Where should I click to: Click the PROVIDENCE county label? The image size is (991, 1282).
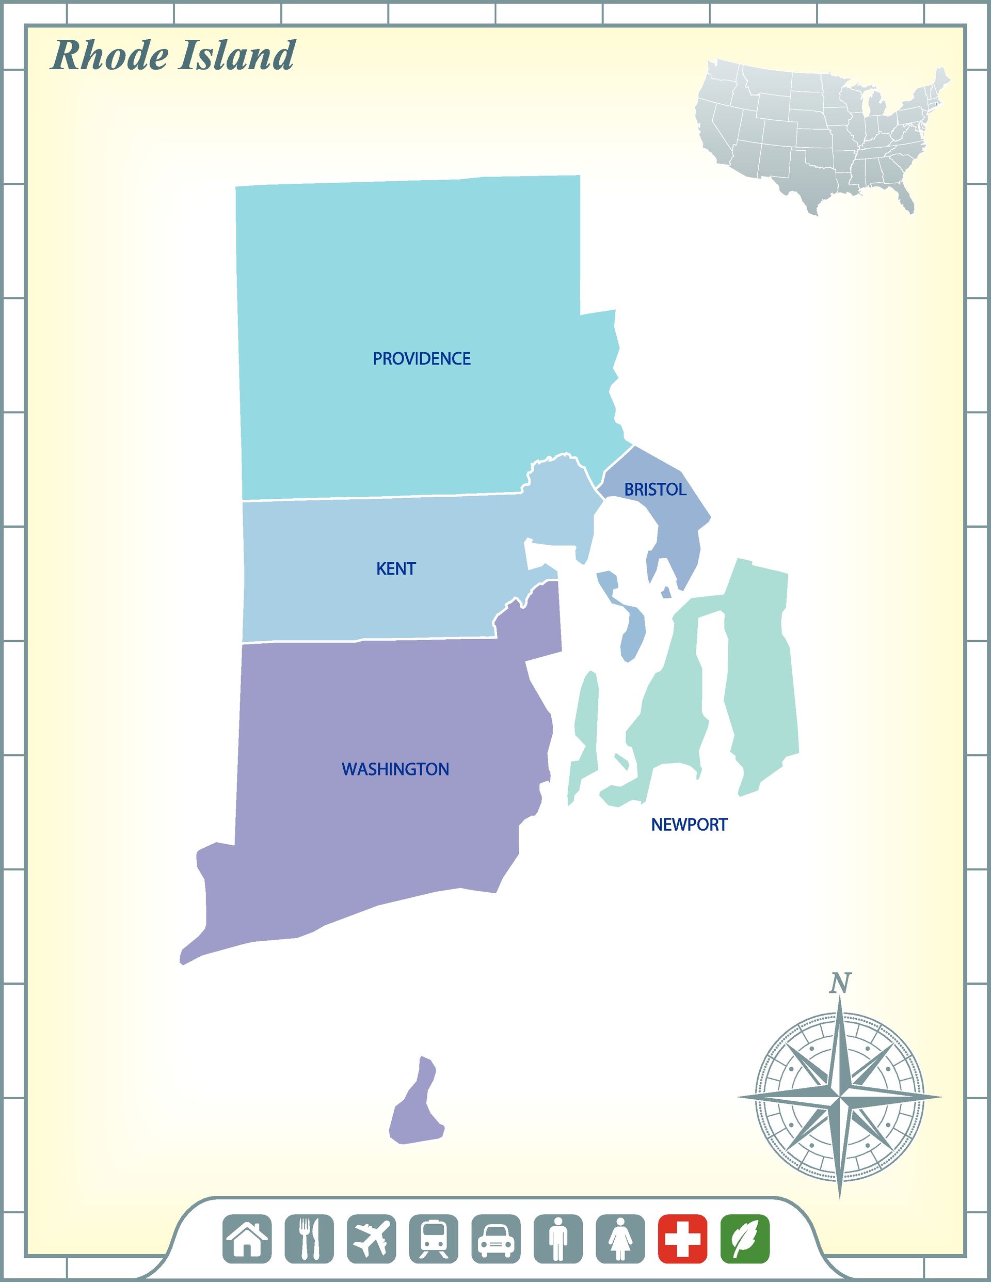pos(421,359)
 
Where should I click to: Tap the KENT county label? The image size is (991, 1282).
pos(396,568)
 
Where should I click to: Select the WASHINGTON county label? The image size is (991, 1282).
pos(395,769)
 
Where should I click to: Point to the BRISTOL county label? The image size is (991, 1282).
pos(655,489)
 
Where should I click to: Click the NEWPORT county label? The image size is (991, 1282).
pos(689,825)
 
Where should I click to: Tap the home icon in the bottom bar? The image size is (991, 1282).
pos(247,1239)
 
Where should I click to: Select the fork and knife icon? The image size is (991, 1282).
pos(309,1239)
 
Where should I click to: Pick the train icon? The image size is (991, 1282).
pos(434,1239)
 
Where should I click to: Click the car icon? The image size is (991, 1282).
pos(496,1239)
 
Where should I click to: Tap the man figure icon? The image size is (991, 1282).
pos(558,1239)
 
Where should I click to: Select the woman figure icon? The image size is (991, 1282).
pos(620,1239)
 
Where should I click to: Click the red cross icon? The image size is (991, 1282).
pos(682,1239)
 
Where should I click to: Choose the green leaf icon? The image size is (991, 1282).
pos(745,1239)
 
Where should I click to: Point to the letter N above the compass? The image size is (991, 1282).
pos(840,983)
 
